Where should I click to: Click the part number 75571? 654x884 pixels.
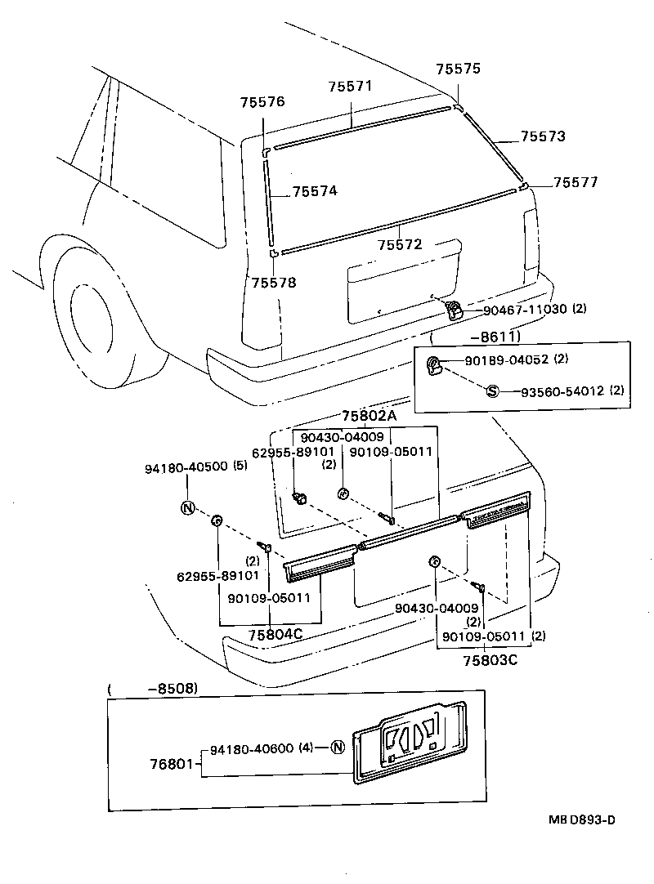click(x=351, y=87)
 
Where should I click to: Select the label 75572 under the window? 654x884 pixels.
click(x=400, y=244)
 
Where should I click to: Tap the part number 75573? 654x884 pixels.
click(x=544, y=136)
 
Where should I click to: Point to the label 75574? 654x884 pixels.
click(x=315, y=190)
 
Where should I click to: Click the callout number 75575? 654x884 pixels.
click(x=458, y=70)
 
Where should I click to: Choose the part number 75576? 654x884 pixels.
click(x=262, y=102)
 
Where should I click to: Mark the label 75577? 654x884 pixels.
click(x=576, y=182)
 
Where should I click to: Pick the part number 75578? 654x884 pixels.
click(x=274, y=283)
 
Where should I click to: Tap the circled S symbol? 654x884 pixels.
click(x=493, y=391)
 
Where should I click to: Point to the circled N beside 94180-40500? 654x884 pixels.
click(x=187, y=507)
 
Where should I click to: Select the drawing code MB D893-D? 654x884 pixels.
click(x=581, y=819)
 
